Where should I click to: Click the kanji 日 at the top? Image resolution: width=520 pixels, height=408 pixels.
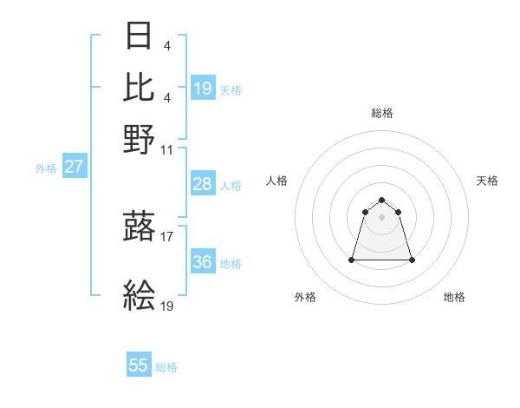(140, 37)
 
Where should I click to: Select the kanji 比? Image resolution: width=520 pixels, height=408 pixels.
(140, 87)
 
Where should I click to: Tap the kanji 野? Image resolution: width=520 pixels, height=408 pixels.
(140, 139)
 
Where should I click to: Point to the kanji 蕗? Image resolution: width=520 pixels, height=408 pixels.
(140, 227)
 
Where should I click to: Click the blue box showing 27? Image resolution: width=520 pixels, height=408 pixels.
(74, 167)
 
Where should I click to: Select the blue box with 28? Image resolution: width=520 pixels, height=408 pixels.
(202, 184)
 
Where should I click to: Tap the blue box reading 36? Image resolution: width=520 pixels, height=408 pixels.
(202, 262)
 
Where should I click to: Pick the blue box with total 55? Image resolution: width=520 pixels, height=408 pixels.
(139, 365)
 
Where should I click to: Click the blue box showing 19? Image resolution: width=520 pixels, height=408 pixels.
(202, 88)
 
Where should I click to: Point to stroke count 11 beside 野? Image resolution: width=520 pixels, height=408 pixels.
(167, 149)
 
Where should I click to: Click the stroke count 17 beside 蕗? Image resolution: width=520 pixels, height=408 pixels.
(167, 235)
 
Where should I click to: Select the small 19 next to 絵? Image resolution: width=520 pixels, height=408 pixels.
(167, 306)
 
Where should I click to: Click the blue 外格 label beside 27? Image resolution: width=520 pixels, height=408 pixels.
(46, 168)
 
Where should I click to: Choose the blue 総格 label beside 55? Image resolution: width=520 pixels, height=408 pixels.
(166, 367)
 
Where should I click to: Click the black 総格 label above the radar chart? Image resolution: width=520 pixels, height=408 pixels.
(381, 113)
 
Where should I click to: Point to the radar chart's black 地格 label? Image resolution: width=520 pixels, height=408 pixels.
(454, 297)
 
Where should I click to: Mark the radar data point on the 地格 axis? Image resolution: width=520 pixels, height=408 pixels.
(412, 260)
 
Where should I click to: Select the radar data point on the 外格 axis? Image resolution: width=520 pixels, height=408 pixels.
(352, 259)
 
